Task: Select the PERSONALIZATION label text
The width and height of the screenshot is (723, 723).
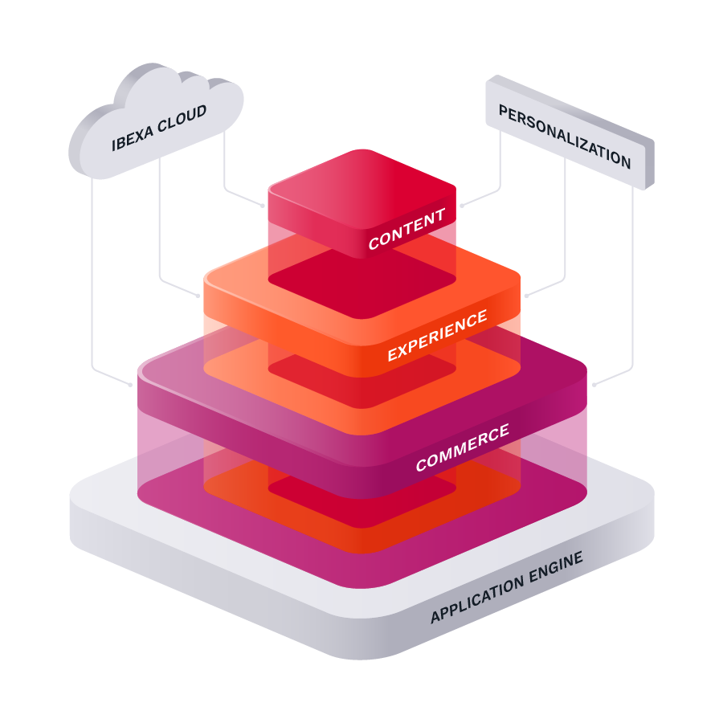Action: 565,136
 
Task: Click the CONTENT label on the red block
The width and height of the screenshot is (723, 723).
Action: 406,229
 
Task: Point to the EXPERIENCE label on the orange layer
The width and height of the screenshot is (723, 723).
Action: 437,336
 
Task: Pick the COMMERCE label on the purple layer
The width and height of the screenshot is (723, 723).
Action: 462,448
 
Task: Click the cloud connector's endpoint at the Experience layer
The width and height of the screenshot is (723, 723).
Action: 199,296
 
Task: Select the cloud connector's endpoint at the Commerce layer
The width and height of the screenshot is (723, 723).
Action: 132,385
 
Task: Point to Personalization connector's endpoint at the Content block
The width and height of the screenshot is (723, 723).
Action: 460,206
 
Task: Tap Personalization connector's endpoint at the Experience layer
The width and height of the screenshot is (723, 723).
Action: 526,296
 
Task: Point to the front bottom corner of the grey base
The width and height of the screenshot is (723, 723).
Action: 361,655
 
